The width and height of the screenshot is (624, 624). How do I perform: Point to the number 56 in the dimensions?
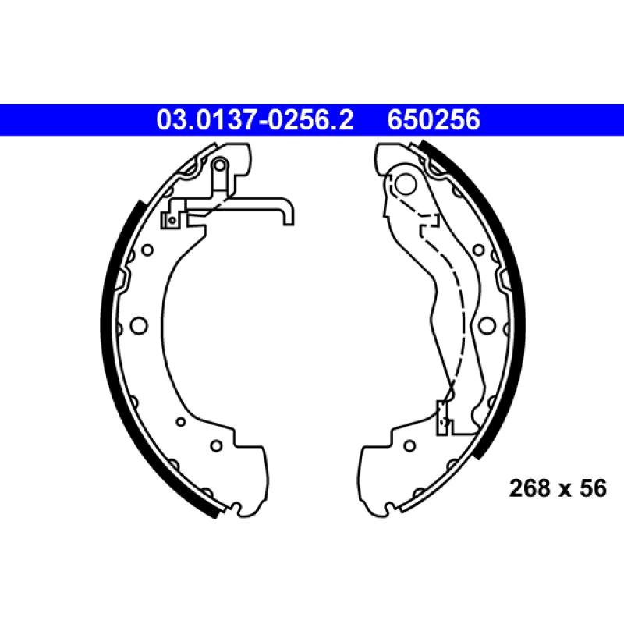coord(592,489)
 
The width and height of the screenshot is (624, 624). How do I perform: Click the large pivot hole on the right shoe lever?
coord(406,184)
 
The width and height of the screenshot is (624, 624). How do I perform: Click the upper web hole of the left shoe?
coord(145,251)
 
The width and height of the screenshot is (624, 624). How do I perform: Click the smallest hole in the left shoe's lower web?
coord(180,422)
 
